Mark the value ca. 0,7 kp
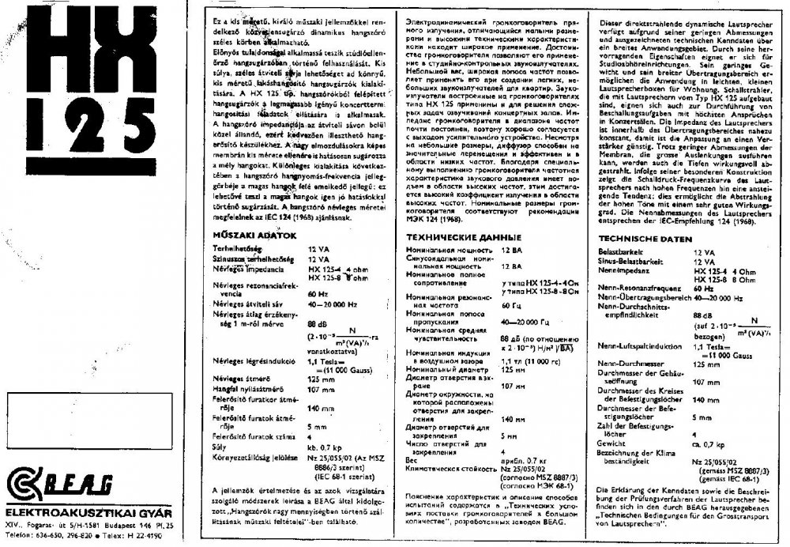[x=707, y=443]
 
